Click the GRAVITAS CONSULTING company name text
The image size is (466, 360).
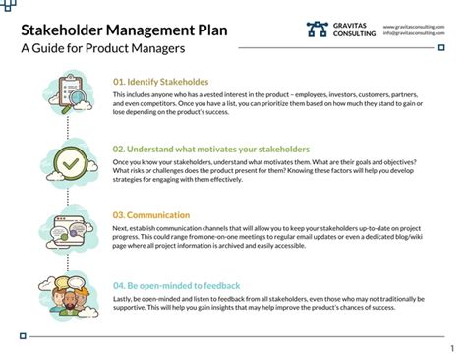click(x=352, y=30)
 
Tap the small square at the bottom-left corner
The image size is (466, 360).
click(x=23, y=335)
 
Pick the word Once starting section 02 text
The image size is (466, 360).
click(x=122, y=160)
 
